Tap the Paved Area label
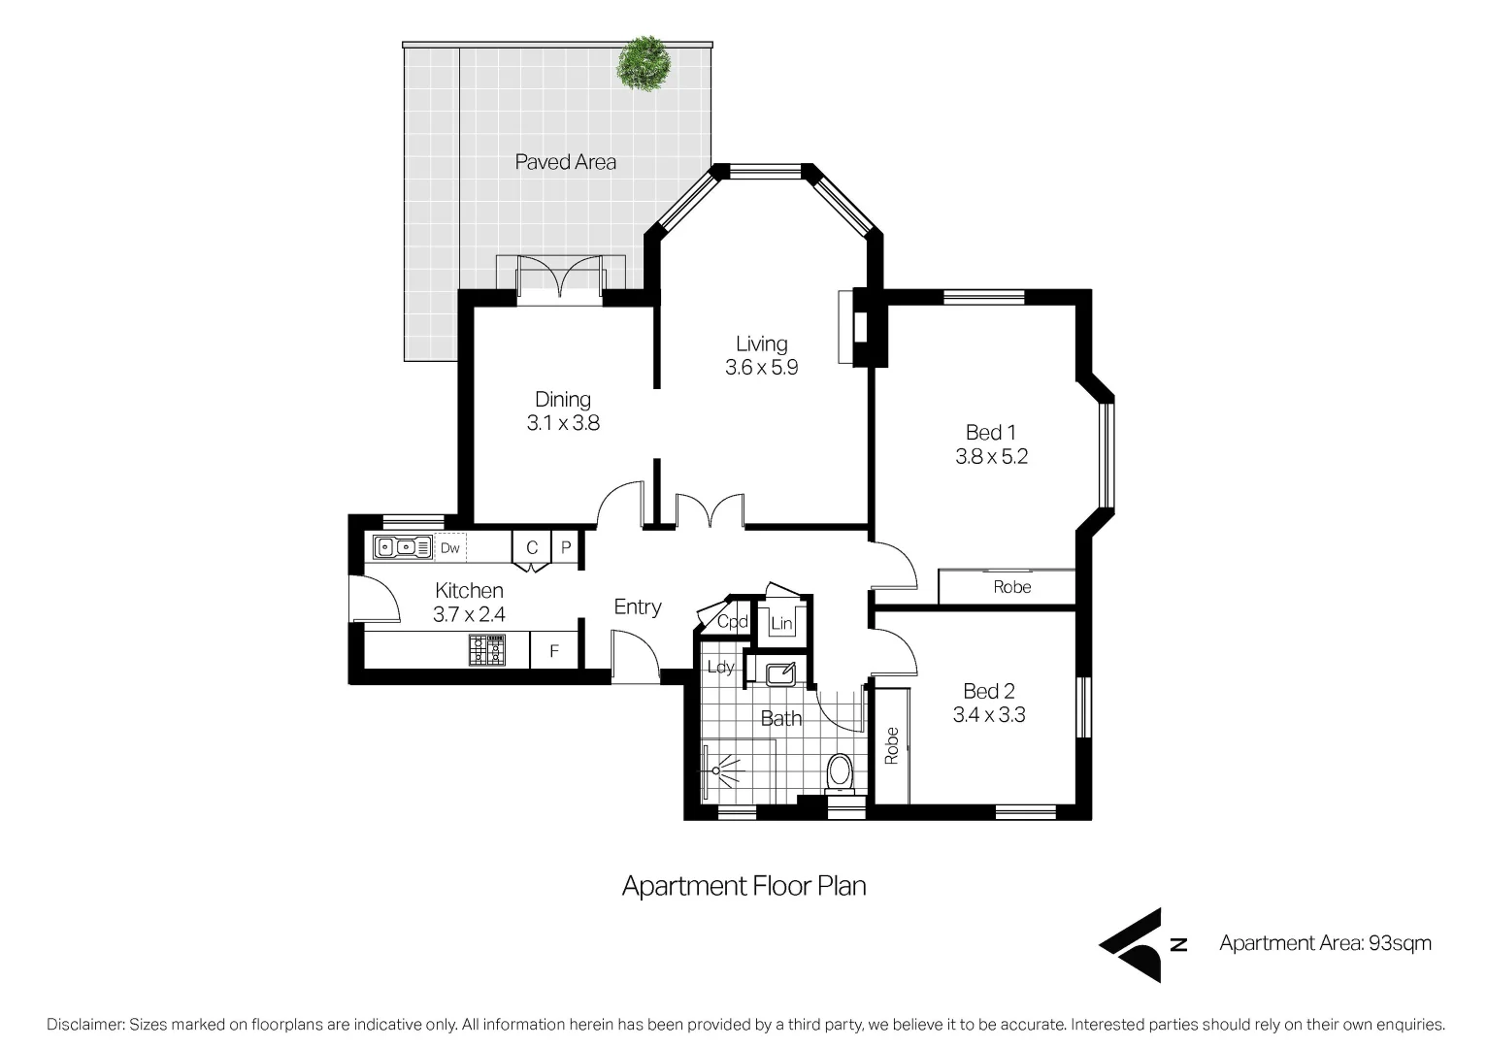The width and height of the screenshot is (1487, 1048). pos(565,162)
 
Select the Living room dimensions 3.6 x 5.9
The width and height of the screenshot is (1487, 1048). pos(761,368)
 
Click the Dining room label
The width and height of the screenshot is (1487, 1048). pos(563,399)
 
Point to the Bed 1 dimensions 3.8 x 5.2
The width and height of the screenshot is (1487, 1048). pos(991,456)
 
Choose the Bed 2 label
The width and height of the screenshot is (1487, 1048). pos(988,691)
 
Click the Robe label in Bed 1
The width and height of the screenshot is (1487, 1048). pos(1011,587)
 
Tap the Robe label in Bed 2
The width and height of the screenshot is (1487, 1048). pos(892,745)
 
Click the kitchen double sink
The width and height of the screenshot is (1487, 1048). pos(403,548)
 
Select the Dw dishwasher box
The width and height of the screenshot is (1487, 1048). pos(450,548)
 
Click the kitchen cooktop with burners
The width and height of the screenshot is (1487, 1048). pos(487,650)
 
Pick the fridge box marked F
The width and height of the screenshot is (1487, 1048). pos(554,651)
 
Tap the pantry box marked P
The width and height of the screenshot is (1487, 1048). pos(566,548)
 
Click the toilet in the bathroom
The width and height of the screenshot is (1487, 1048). pos(838,773)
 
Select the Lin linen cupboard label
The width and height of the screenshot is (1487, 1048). pos(781,624)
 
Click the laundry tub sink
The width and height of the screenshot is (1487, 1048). pos(779,671)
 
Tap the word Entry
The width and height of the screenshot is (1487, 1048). pos(638,606)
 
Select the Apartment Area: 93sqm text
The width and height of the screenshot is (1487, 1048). pos(1325,943)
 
